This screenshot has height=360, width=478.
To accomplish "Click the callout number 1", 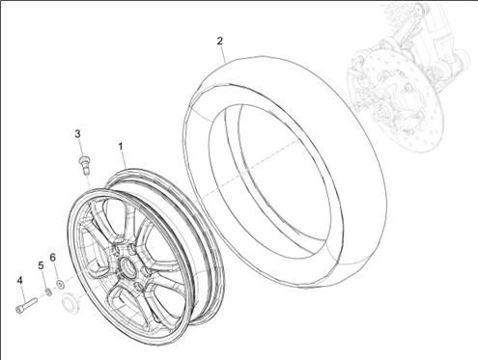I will click(122, 147).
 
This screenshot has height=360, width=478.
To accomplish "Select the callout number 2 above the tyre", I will click(220, 42).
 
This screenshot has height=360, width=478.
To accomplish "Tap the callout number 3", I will click(78, 132).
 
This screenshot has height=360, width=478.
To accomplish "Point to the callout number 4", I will click(19, 280).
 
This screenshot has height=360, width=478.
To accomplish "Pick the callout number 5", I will click(41, 265).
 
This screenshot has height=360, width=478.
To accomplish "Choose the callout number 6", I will click(54, 258).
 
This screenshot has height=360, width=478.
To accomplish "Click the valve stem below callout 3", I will click(84, 161).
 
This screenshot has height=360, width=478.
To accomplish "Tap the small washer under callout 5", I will click(47, 290).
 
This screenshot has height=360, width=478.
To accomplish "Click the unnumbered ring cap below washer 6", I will click(70, 305).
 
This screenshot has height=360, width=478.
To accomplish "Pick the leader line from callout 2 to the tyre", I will click(224, 55).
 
